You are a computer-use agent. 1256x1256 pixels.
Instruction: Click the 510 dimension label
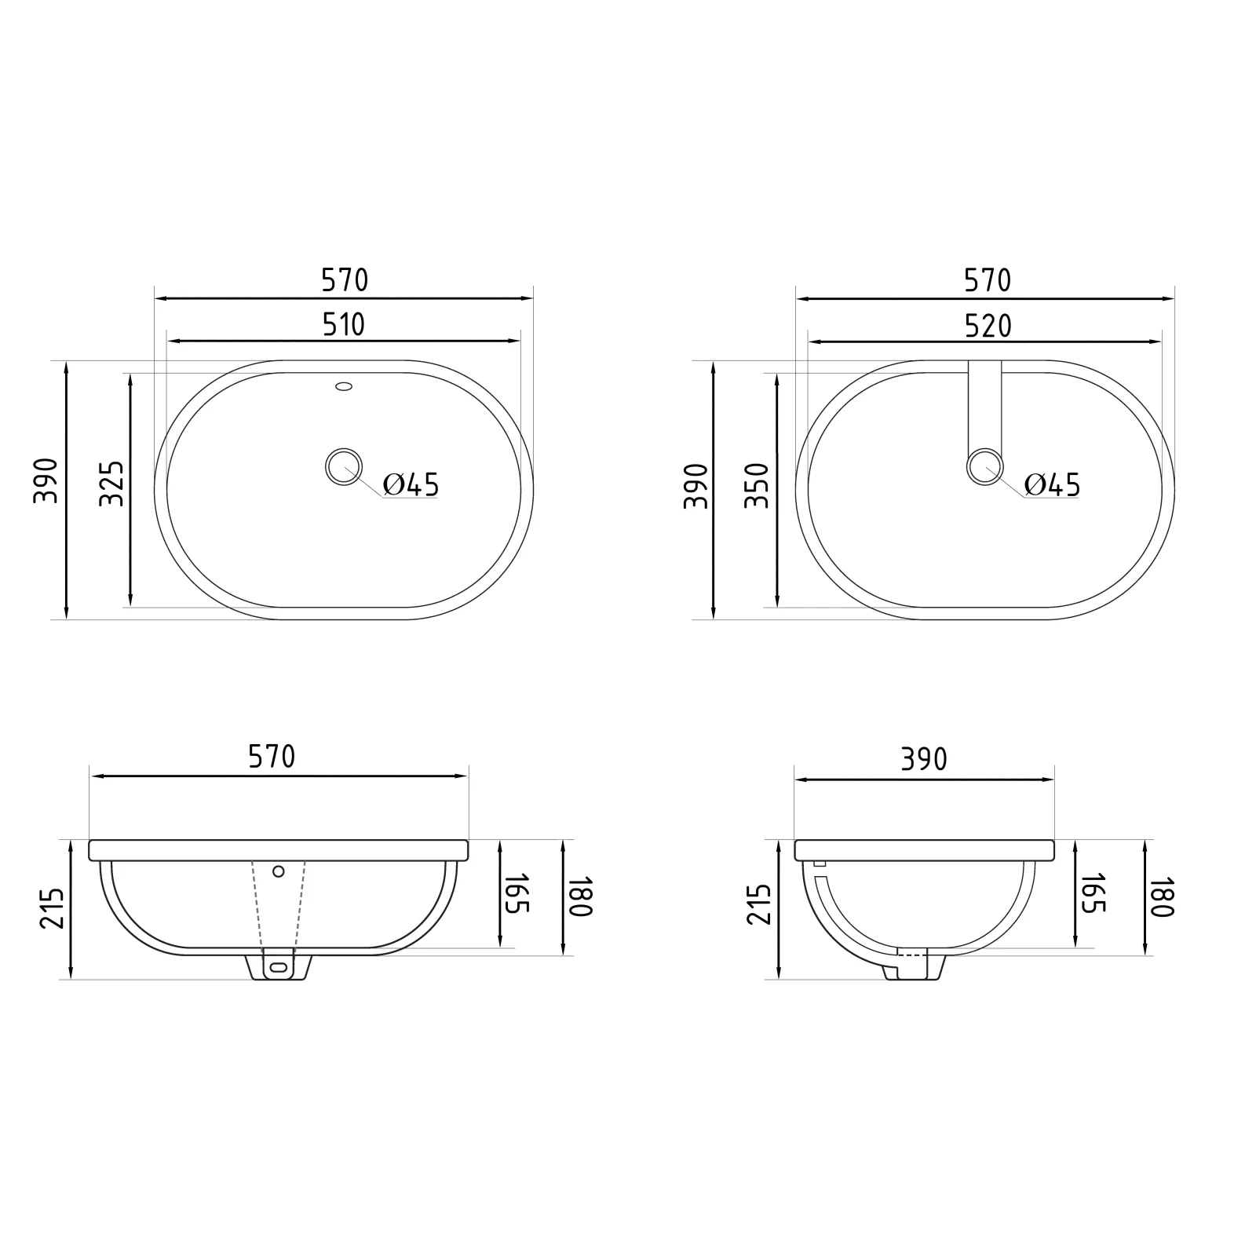[345, 324]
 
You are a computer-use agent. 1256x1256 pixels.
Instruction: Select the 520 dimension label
[988, 326]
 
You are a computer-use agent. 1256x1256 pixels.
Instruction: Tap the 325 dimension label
[112, 484]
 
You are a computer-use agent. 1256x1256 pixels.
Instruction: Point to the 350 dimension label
[757, 486]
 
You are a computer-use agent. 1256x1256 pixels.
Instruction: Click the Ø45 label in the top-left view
[411, 485]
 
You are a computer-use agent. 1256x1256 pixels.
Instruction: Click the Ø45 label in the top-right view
[1053, 485]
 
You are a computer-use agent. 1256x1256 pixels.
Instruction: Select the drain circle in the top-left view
[343, 467]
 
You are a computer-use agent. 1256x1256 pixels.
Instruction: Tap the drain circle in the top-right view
[984, 467]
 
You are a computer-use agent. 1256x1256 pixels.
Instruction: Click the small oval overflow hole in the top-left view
[344, 386]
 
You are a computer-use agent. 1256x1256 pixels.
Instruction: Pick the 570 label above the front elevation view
[272, 757]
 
